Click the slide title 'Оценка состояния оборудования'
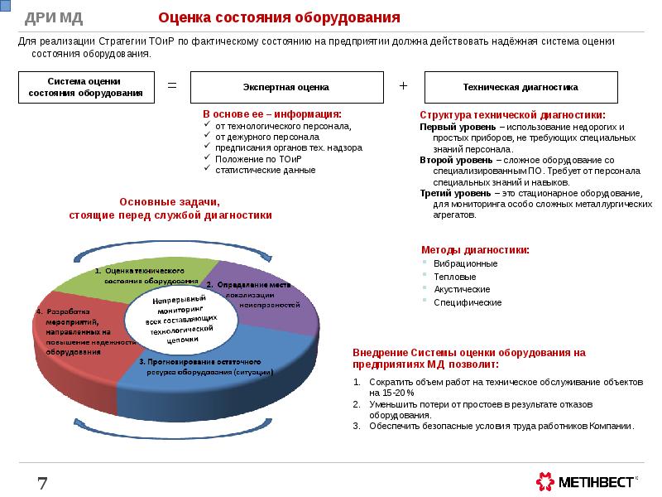click(279, 17)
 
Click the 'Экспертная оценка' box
click(286, 87)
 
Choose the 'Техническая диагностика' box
click(520, 87)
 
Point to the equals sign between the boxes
click(173, 86)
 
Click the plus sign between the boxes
click(404, 86)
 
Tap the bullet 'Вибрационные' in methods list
click(466, 263)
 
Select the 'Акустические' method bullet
click(462, 290)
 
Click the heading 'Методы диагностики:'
click(475, 249)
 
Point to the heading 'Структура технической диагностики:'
click(511, 115)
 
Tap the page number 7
click(41, 482)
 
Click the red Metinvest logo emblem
click(545, 481)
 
